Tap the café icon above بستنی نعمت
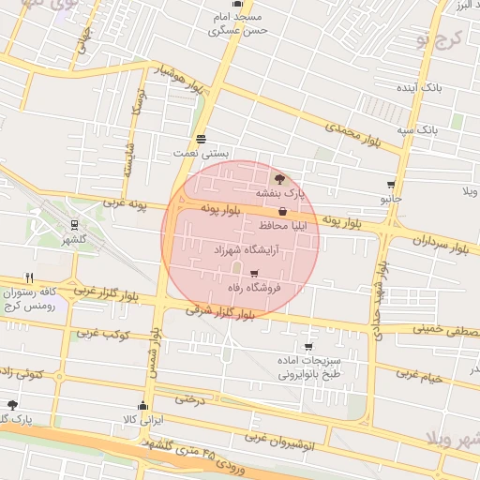pyautogui.click(x=202, y=138)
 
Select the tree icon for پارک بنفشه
pyautogui.click(x=278, y=178)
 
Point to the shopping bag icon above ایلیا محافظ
pyautogui.click(x=283, y=213)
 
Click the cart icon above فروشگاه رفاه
pyautogui.click(x=254, y=274)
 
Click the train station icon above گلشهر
pyautogui.click(x=74, y=225)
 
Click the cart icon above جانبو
pyautogui.click(x=391, y=185)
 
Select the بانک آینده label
pyautogui.click(x=418, y=87)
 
